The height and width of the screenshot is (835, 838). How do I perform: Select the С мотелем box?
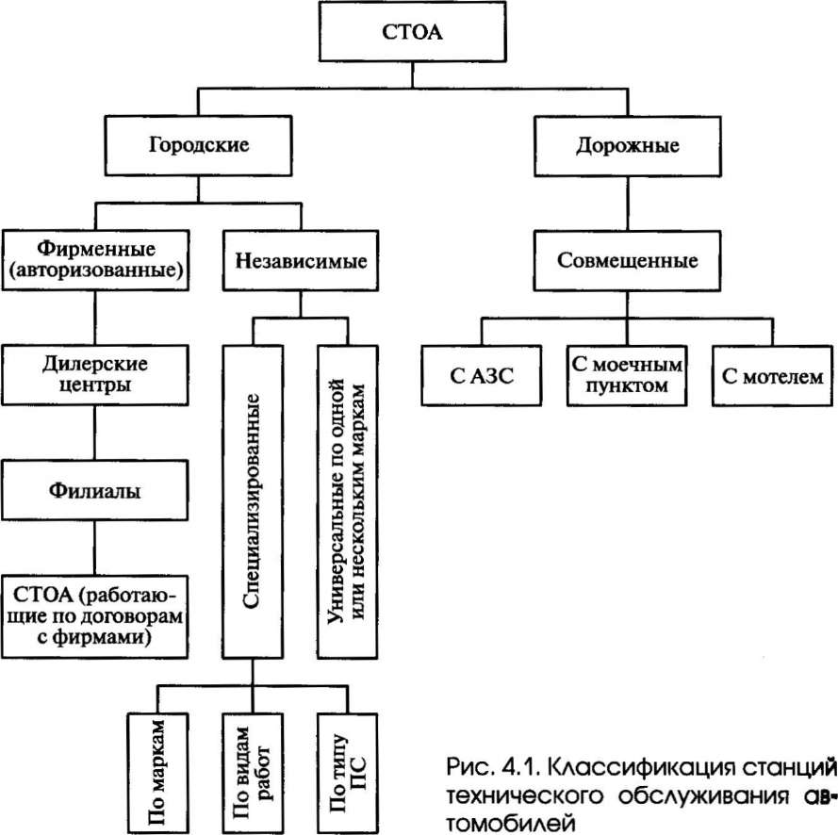tap(772, 376)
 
